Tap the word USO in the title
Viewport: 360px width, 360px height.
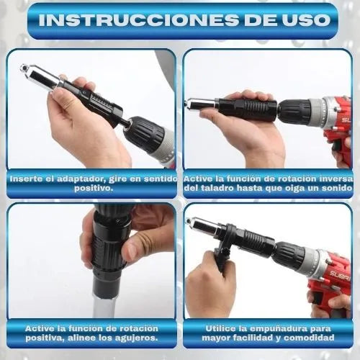point(306,20)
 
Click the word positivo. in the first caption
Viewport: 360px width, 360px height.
point(94,188)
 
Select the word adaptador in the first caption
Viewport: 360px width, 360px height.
point(81,179)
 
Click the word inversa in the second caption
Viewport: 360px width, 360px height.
point(336,179)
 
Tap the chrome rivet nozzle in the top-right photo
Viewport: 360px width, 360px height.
point(202,104)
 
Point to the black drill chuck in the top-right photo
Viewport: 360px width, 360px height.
point(294,111)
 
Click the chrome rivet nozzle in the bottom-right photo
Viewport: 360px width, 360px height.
point(207,225)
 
